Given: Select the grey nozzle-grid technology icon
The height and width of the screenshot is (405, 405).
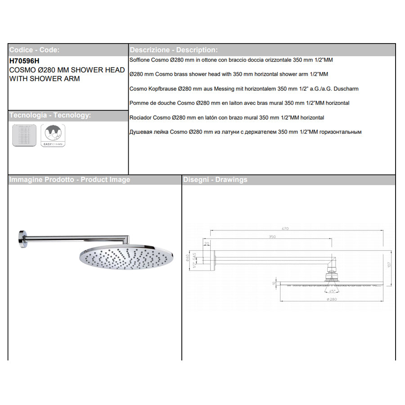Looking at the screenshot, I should point(24,135).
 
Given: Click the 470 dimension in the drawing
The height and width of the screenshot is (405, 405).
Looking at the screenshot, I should point(285,229).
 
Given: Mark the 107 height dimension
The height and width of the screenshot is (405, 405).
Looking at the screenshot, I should point(389,265).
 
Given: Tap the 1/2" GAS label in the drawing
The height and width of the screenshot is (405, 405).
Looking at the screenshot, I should point(194,261).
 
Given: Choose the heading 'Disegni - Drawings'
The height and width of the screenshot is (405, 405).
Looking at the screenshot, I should point(215,180).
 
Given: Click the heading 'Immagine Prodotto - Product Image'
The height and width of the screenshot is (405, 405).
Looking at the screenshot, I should point(70,180).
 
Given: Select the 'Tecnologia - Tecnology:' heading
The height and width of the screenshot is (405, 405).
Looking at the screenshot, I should point(50,116).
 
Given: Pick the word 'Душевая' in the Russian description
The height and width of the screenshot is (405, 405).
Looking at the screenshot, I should point(141,132).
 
